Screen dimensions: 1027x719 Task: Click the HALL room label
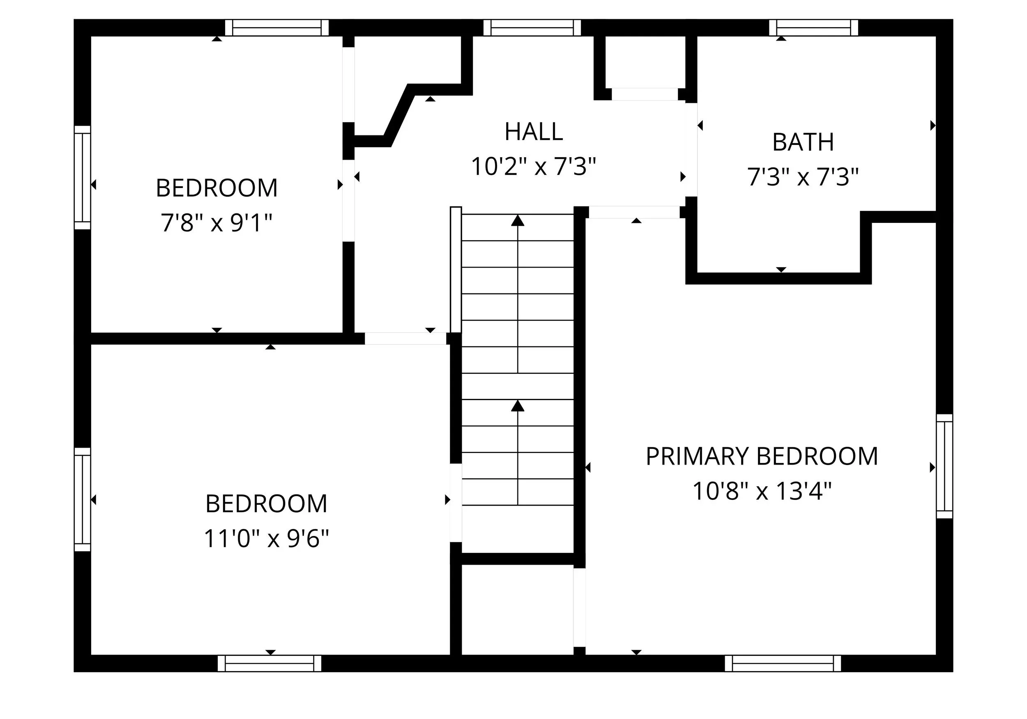534,132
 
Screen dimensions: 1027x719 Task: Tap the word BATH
803,142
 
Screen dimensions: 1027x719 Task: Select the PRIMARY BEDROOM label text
762,457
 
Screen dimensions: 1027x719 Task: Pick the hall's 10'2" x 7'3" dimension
534,166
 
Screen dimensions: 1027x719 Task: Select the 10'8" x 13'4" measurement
762,491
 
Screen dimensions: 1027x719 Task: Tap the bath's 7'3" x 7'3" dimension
803,177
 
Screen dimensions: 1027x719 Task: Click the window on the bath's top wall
814,28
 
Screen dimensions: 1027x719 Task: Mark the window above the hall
532,28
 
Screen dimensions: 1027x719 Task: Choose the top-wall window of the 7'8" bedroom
277,28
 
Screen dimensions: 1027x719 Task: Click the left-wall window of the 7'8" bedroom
82,177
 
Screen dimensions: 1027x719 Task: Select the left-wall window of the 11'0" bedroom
82,499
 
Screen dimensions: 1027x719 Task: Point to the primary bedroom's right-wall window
944,466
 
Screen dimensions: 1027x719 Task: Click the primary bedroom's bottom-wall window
783,663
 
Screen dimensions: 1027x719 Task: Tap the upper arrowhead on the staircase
518,220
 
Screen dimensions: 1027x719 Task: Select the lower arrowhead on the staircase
518,406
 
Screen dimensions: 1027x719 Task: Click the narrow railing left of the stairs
456,270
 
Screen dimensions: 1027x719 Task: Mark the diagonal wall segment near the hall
399,115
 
